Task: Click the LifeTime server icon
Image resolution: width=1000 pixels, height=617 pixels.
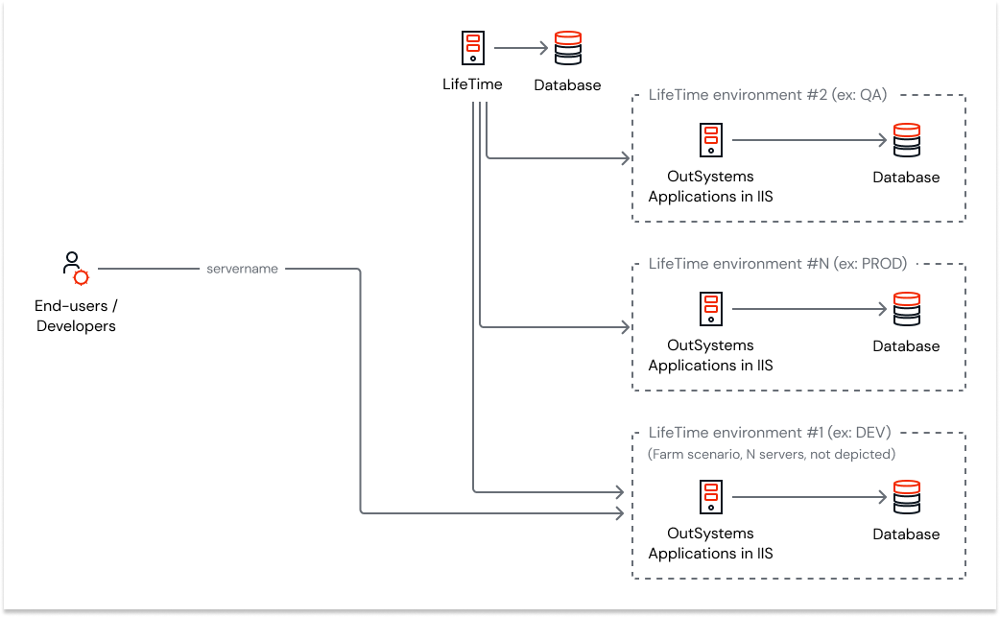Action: (472, 47)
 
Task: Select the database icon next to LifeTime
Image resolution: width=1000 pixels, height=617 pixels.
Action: (568, 47)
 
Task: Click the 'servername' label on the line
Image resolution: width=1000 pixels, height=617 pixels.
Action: (242, 269)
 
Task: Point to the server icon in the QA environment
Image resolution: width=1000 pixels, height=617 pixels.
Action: (710, 140)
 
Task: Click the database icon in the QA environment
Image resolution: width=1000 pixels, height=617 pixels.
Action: (906, 140)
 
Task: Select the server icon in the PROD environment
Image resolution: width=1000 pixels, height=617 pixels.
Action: (710, 309)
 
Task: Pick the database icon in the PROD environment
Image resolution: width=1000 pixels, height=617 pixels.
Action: (906, 309)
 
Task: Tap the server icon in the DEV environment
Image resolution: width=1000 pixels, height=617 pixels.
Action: (710, 497)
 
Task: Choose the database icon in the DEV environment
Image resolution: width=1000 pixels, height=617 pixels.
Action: (906, 497)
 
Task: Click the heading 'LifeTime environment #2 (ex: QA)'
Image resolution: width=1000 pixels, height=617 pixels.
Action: (768, 95)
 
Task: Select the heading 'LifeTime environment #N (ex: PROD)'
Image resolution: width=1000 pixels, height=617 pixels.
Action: (777, 263)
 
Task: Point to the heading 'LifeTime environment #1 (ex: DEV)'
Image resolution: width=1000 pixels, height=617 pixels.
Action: (770, 433)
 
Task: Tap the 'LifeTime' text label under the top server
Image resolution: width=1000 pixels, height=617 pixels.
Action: (472, 84)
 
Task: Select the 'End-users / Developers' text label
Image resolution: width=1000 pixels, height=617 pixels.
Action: (76, 316)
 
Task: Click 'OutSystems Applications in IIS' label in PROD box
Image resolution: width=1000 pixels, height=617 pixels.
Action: (710, 355)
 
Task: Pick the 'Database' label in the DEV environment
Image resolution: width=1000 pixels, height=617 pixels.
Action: (906, 534)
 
